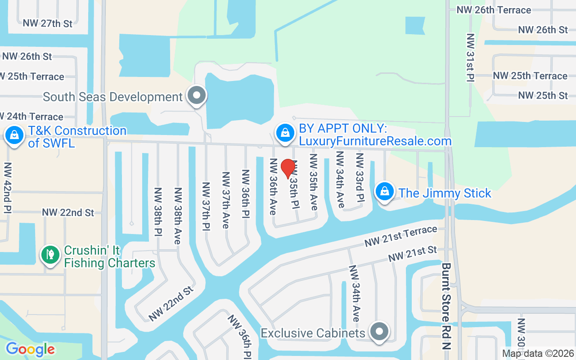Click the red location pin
(x=288, y=168)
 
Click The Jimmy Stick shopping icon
(x=385, y=192)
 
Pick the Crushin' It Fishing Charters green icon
(x=51, y=255)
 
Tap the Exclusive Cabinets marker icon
(x=379, y=332)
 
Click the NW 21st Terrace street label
(x=400, y=236)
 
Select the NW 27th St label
(x=47, y=23)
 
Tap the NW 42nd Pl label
(x=8, y=188)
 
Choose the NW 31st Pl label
(x=470, y=57)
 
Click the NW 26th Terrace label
(x=494, y=10)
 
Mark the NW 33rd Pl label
(x=359, y=178)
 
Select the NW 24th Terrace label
(x=31, y=117)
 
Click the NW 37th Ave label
(x=226, y=200)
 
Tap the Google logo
(x=30, y=349)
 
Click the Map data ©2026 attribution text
(x=538, y=354)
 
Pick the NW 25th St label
(x=543, y=95)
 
